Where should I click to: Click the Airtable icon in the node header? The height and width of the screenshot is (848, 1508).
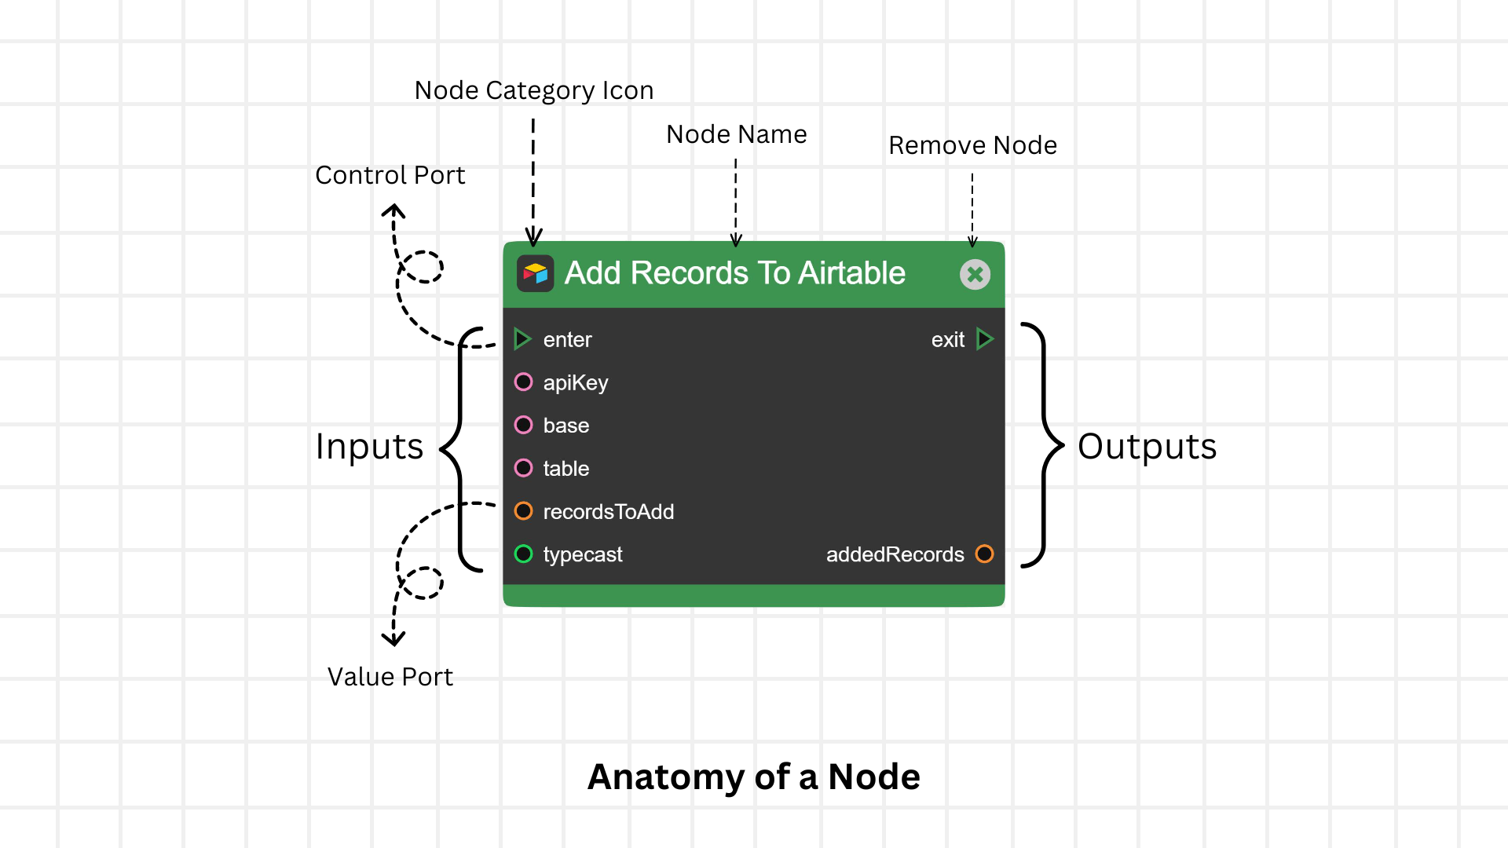(535, 273)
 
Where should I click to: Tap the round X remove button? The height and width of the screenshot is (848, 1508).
(975, 274)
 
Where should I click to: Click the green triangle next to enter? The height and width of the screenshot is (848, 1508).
(522, 339)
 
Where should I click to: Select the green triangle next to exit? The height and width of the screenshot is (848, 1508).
(985, 339)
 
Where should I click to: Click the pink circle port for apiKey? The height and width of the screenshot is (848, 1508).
(523, 382)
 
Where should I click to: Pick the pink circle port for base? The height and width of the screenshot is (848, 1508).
(523, 425)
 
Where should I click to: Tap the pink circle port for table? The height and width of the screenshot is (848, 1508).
(523, 468)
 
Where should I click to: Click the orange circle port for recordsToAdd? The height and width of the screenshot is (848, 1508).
(523, 511)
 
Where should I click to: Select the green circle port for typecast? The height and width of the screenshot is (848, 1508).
(523, 554)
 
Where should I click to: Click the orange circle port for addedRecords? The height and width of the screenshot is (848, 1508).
(984, 554)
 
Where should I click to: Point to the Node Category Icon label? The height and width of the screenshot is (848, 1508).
(533, 90)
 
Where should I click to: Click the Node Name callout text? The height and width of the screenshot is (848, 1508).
(736, 134)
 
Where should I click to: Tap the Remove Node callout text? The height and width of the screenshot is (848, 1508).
(972, 145)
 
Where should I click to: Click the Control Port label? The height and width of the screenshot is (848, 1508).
(390, 175)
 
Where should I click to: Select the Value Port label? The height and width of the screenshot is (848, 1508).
(390, 677)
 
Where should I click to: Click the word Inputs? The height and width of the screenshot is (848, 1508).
(369, 446)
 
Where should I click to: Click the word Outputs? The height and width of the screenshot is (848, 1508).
(1147, 446)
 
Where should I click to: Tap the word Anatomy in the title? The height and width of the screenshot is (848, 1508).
(665, 777)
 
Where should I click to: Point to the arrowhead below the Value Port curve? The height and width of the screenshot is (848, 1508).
(393, 639)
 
